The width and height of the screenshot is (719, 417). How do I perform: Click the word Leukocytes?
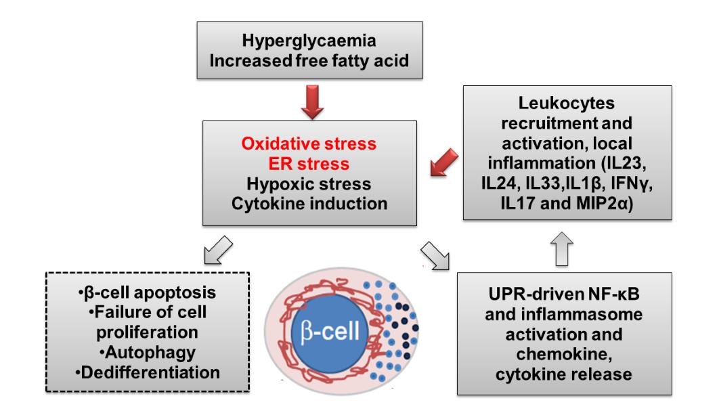click(568, 104)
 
